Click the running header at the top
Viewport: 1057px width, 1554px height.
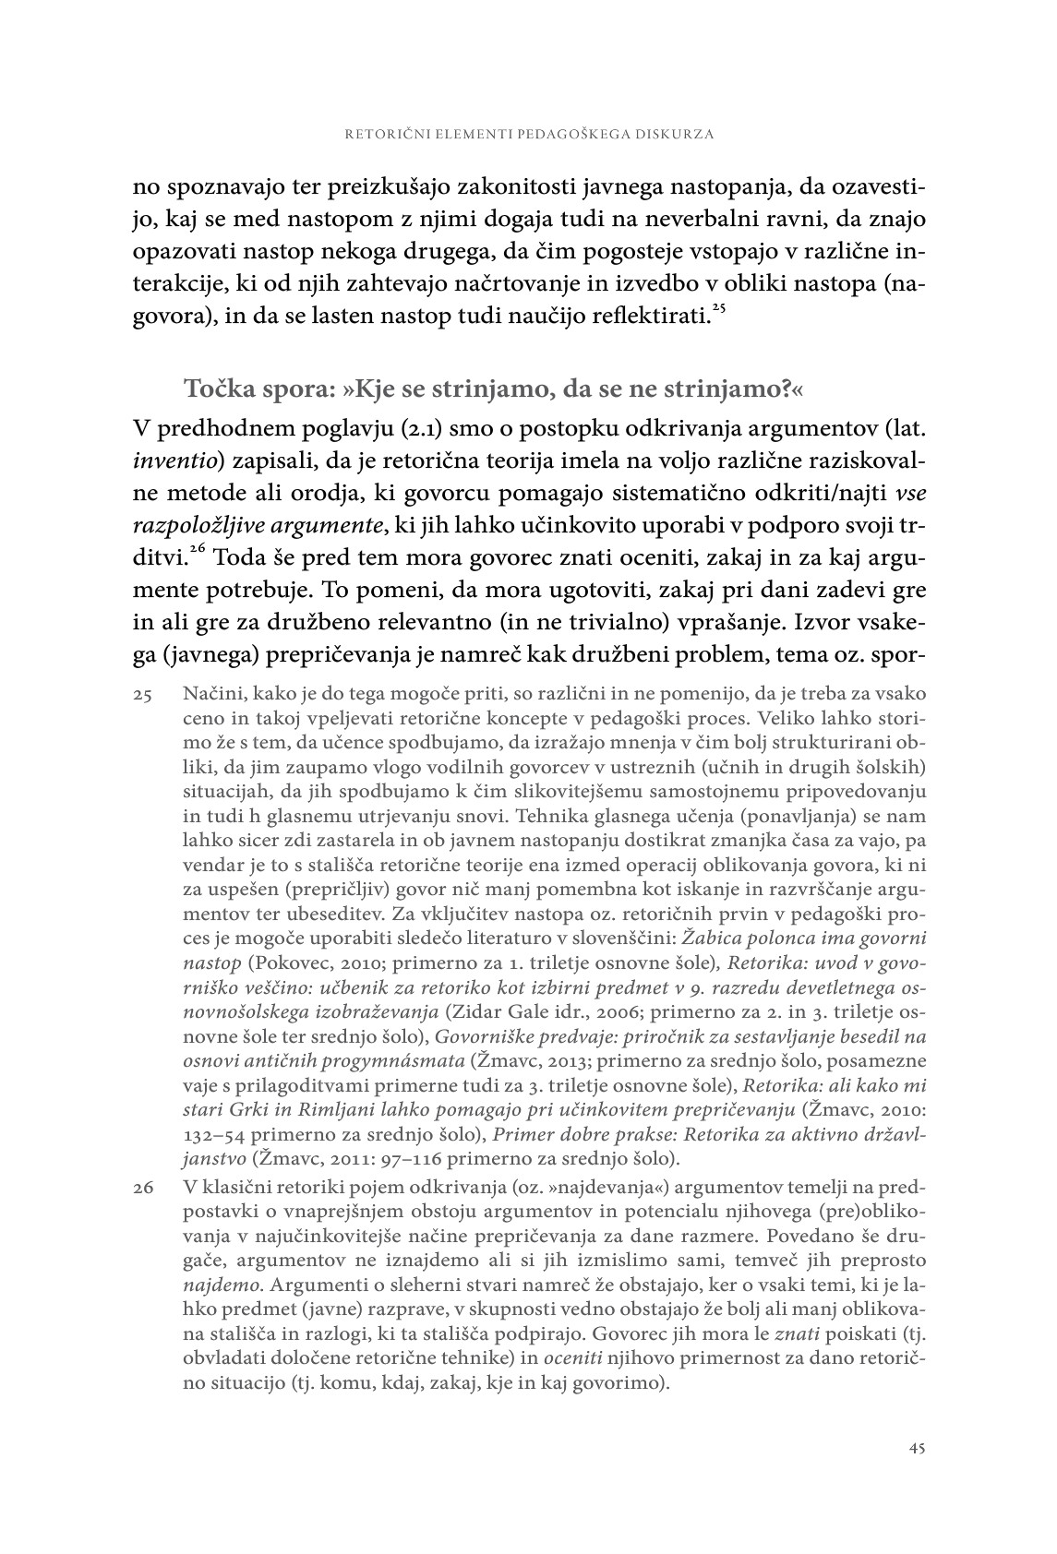[529, 134]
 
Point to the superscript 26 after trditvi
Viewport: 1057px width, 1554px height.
[198, 548]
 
